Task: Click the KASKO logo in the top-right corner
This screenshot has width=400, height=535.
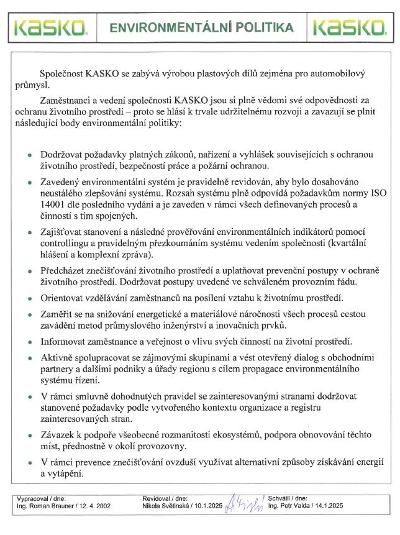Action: click(350, 27)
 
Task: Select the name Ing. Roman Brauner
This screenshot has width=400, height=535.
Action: click(42, 506)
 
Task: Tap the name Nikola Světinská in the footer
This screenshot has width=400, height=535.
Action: click(165, 506)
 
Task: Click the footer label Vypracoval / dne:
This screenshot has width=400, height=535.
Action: click(40, 498)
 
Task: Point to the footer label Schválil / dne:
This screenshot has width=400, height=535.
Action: click(288, 498)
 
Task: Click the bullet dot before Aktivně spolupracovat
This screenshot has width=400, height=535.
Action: click(30, 360)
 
